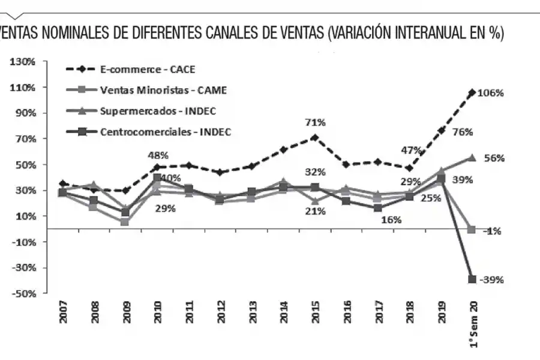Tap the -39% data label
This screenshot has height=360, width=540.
(491, 280)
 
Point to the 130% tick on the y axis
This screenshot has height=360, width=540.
(22, 62)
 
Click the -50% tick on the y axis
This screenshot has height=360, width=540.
(22, 294)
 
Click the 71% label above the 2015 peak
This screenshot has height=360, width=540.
(315, 122)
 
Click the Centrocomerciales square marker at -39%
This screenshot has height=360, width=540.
(472, 280)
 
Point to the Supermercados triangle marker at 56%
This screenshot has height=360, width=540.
(472, 158)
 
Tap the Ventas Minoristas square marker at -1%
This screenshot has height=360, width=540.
(472, 230)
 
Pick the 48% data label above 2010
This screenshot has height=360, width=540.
(158, 155)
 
